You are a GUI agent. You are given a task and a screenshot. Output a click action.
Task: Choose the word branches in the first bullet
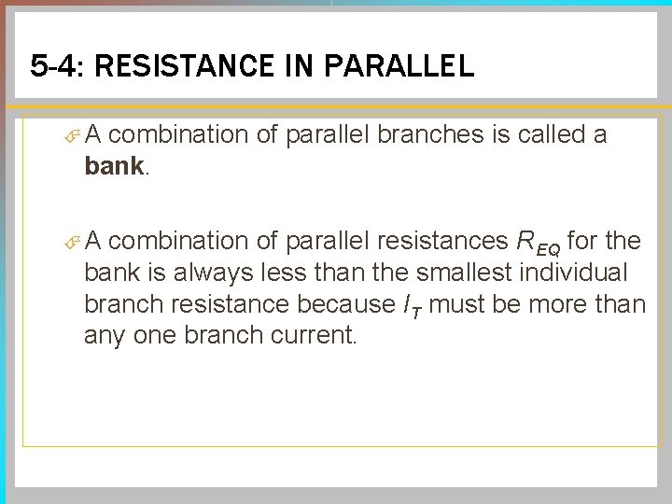426,135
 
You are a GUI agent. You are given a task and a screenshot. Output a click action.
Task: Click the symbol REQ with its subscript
538,243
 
